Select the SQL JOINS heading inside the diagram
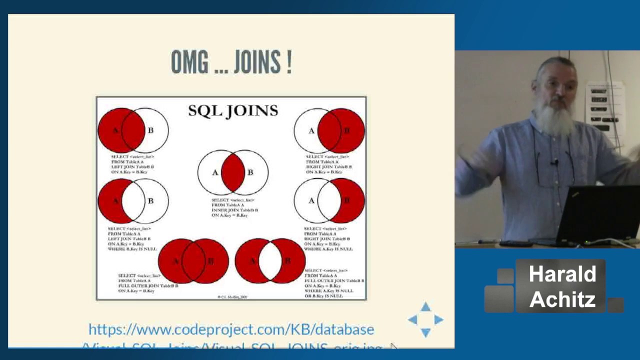pos(233,110)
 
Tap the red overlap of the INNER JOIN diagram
pos(233,172)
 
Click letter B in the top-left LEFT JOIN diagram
pos(150,130)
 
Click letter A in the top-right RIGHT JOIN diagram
pos(311,130)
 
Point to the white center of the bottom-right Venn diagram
pos(270,261)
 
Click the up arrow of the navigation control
pos(425,307)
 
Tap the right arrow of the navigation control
pos(438,319)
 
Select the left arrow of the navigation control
pos(413,319)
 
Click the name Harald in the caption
pos(562,274)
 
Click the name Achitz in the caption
pos(562,299)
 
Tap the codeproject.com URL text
pos(231,329)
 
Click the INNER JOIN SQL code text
pos(234,207)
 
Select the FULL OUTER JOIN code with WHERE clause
pos(334,283)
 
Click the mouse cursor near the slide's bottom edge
pos(393,346)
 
